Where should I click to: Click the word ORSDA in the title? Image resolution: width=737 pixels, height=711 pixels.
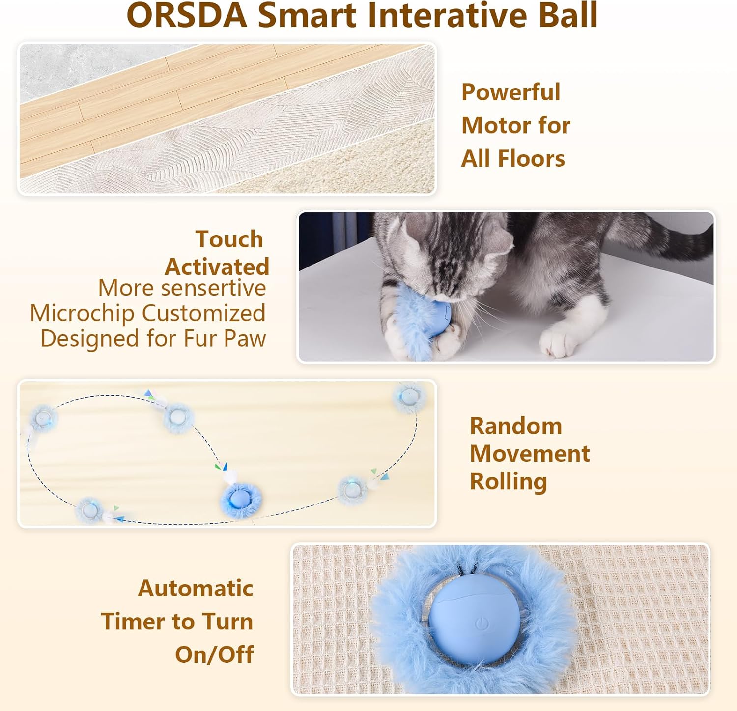187,15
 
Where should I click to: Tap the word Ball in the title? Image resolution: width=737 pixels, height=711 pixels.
568,15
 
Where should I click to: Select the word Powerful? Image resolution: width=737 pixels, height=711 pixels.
510,92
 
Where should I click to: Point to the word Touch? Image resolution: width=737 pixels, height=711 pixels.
229,239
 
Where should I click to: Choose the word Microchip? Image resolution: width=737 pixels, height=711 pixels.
82,314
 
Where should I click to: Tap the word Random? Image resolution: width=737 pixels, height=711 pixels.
516,426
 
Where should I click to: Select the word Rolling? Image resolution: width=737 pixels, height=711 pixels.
509,482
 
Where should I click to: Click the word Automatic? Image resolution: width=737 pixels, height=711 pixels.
196,589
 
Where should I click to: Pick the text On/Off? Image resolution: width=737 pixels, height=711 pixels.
214,654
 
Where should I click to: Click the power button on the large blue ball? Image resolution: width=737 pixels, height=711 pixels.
482,624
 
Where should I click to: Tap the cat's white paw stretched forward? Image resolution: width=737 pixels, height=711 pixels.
559,344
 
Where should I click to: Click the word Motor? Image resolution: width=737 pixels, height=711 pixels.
497,125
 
